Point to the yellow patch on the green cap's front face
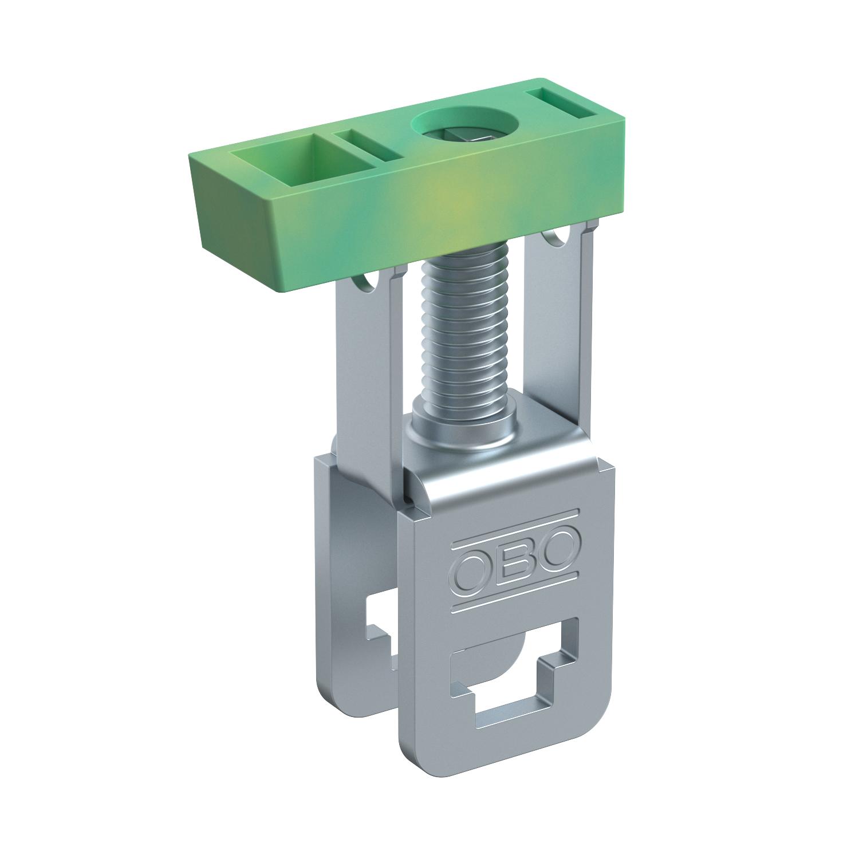[452, 198]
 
